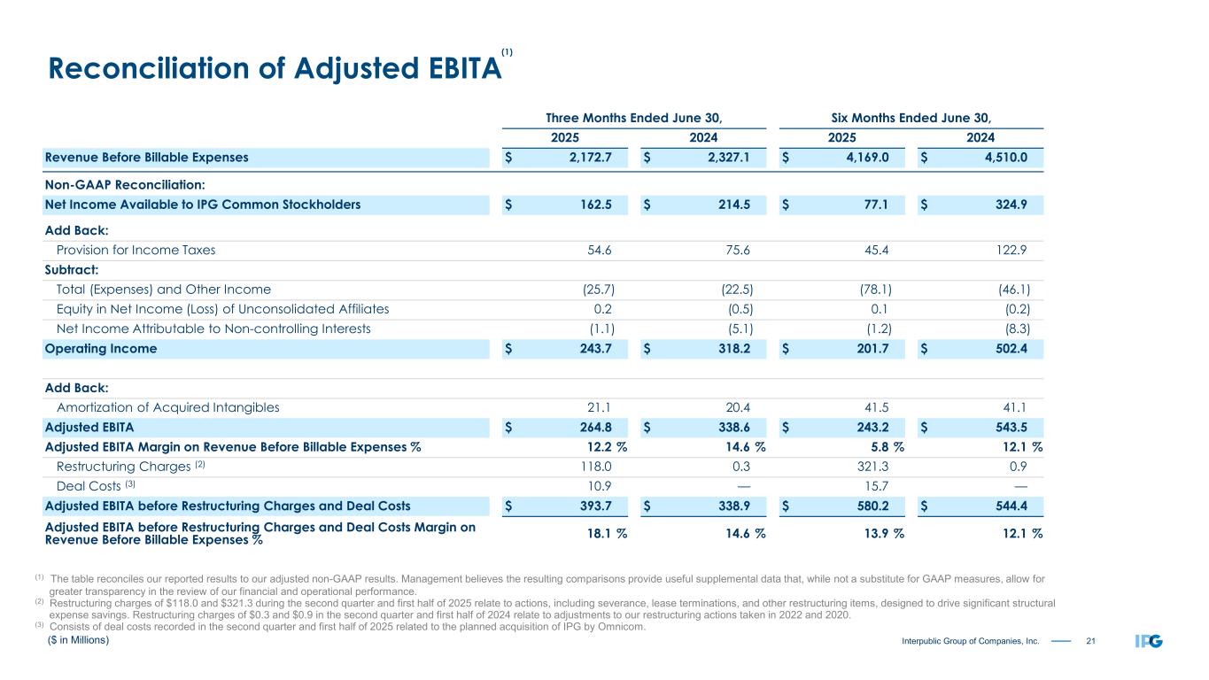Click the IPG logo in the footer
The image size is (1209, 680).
(x=1149, y=641)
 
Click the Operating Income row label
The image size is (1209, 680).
(x=100, y=349)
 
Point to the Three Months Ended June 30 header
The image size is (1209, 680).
(x=633, y=117)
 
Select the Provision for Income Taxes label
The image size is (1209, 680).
(x=136, y=250)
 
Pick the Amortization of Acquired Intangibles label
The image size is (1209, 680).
(x=167, y=408)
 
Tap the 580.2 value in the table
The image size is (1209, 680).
(x=873, y=506)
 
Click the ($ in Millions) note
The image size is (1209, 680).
(x=79, y=639)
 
